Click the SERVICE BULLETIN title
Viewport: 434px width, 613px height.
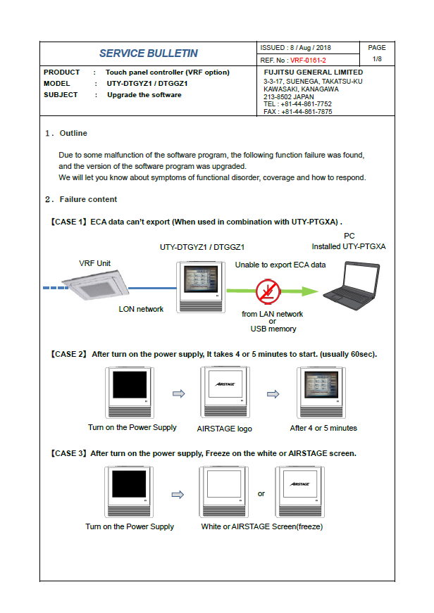click(148, 53)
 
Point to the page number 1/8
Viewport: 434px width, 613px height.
click(377, 59)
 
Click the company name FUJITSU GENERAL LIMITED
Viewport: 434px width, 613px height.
click(314, 72)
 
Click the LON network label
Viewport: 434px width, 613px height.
click(141, 309)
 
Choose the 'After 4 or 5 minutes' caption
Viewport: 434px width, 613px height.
click(323, 428)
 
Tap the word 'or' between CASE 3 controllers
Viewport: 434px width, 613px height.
click(261, 494)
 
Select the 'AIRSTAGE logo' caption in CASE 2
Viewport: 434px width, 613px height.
click(224, 429)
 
